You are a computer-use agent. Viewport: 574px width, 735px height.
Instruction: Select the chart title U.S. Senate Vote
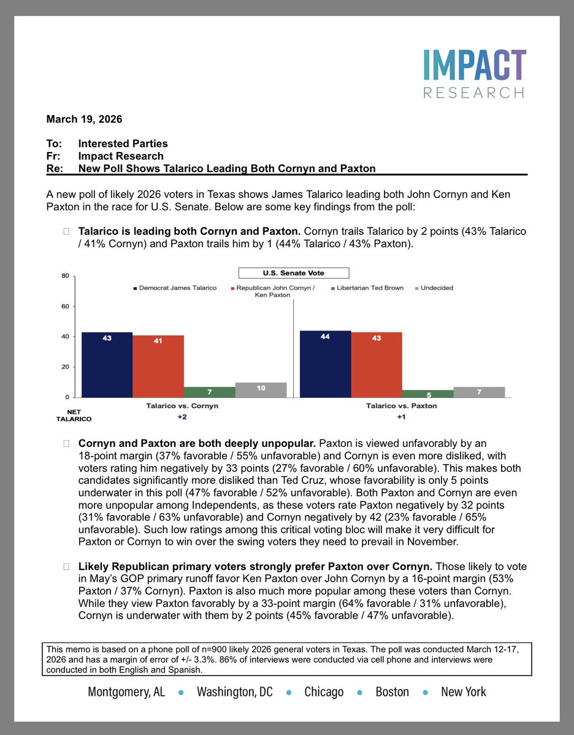293,273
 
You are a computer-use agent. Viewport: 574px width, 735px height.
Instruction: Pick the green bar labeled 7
209,392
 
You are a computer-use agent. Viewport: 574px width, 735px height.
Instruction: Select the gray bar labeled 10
261,390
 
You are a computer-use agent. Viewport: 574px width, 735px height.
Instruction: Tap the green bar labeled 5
427,394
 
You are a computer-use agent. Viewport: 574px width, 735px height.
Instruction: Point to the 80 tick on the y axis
65,276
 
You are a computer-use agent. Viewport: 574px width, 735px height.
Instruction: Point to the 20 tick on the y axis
65,367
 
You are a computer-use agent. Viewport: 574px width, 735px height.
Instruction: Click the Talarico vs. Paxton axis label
401,406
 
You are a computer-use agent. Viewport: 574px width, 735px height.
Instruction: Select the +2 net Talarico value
182,416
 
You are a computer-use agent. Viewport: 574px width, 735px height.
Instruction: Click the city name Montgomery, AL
126,692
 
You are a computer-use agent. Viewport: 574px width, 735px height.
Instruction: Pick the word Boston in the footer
392,692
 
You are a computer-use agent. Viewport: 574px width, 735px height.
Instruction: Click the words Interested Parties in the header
123,143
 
